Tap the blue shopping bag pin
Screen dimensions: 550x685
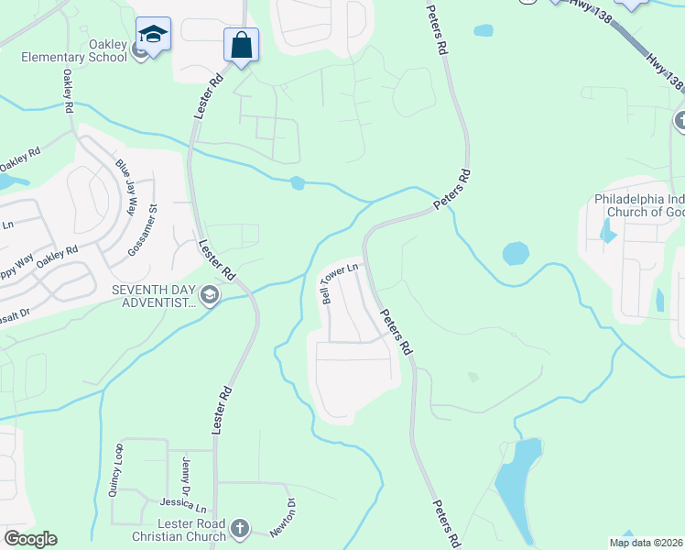[x=241, y=45]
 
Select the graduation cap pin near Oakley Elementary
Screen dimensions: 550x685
[x=153, y=36]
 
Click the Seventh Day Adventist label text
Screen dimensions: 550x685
[x=154, y=295]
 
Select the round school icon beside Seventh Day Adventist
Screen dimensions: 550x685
[x=210, y=295]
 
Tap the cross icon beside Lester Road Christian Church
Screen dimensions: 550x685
[x=239, y=529]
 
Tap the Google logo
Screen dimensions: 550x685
[x=30, y=539]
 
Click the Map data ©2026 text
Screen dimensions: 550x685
[x=646, y=543]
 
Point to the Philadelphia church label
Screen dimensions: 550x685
[x=638, y=204]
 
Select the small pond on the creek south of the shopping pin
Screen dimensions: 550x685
[x=297, y=183]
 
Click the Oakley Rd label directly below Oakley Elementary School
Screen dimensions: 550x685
[x=69, y=92]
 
